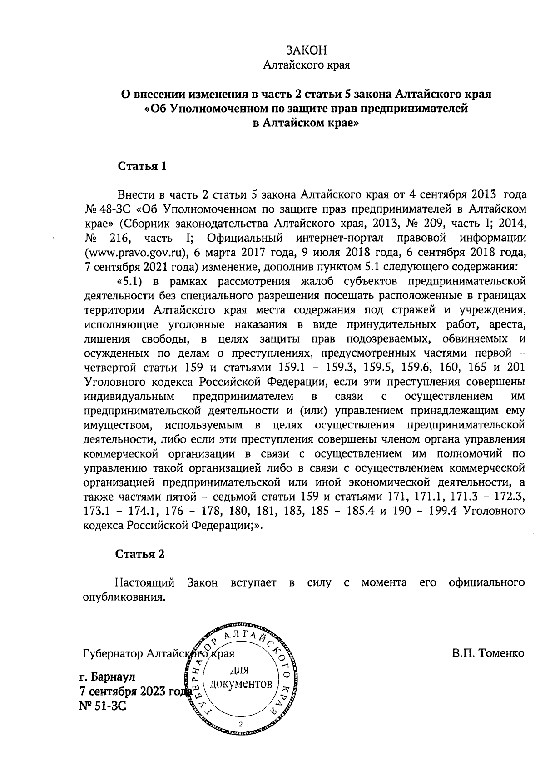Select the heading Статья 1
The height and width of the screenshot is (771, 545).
143,166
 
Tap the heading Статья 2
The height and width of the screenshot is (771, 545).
140,554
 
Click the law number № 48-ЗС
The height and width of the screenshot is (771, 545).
108,209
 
